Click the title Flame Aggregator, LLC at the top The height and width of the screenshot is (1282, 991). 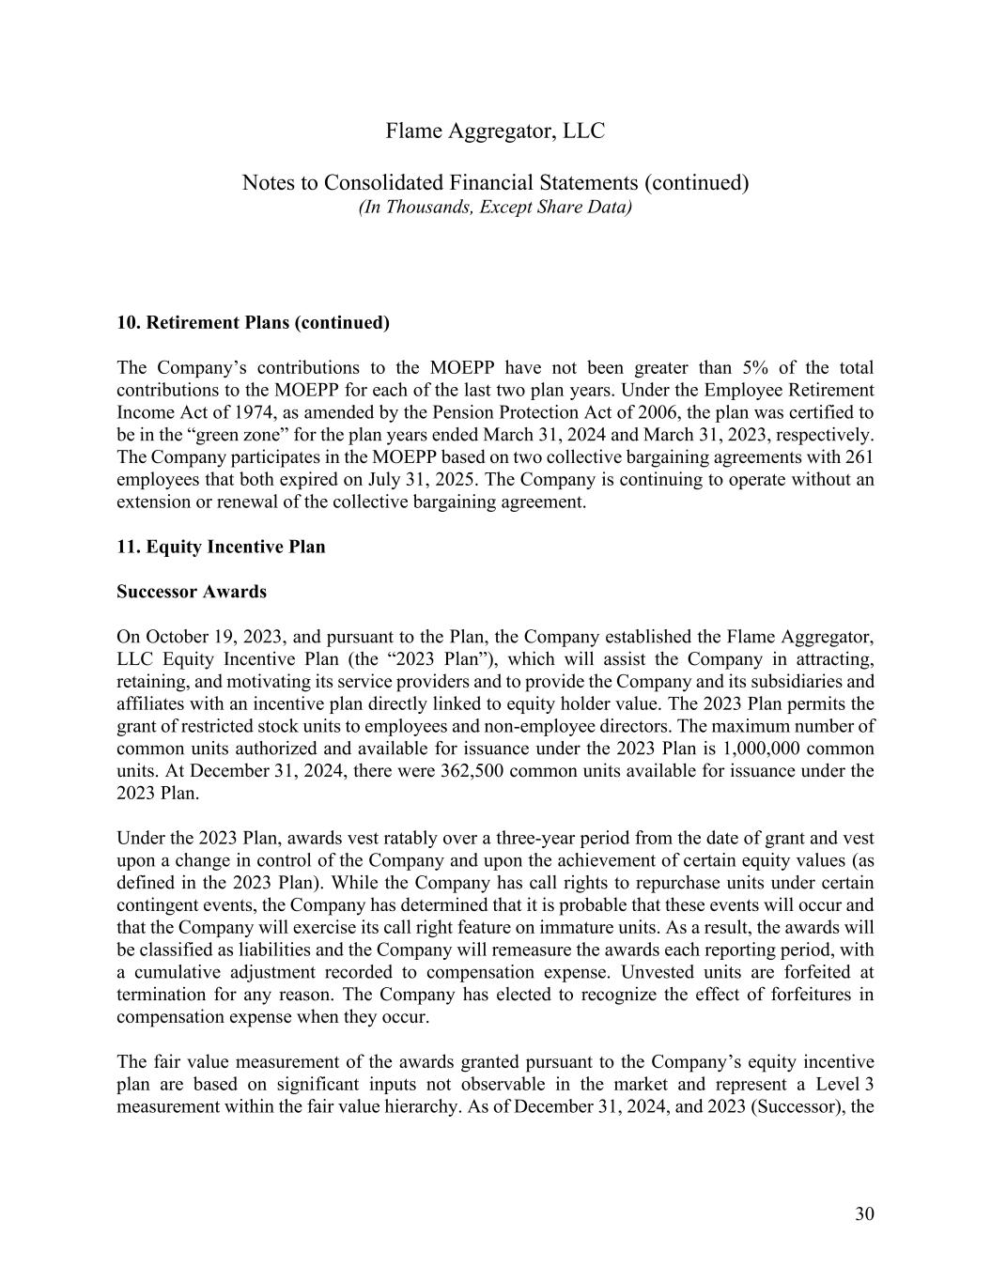pyautogui.click(x=495, y=131)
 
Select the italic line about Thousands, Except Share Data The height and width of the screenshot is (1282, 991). pyautogui.click(x=495, y=207)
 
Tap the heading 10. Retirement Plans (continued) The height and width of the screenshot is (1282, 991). pyautogui.click(x=253, y=323)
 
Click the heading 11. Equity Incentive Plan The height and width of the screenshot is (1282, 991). pyautogui.click(x=221, y=547)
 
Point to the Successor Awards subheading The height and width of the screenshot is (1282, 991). pyautogui.click(x=192, y=592)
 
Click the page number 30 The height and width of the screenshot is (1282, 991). pyautogui.click(x=864, y=1214)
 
